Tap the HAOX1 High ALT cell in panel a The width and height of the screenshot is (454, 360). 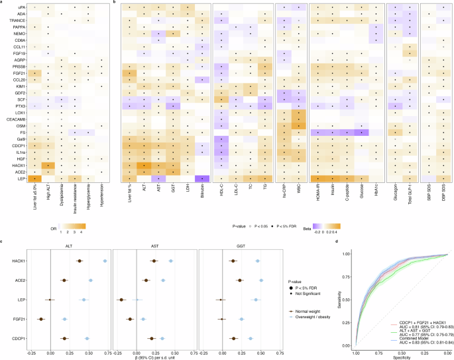pyautogui.click(x=48, y=165)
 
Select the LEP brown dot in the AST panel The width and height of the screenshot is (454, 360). pyautogui.click(x=121, y=300)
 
